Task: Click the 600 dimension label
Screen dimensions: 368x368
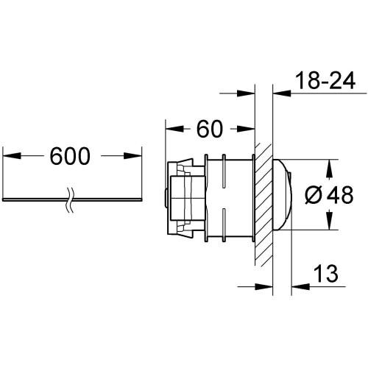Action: (70, 156)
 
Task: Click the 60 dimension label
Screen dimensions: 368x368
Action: (210, 129)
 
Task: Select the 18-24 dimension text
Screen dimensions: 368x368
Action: (325, 80)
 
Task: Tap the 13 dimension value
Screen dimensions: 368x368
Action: (326, 273)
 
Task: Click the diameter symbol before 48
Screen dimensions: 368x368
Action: (313, 195)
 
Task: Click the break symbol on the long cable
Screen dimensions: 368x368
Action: (71, 200)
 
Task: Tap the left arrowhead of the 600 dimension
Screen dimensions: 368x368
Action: (12, 156)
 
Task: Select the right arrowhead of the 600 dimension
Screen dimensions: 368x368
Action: (132, 156)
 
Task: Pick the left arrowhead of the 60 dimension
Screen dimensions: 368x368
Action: (174, 129)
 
